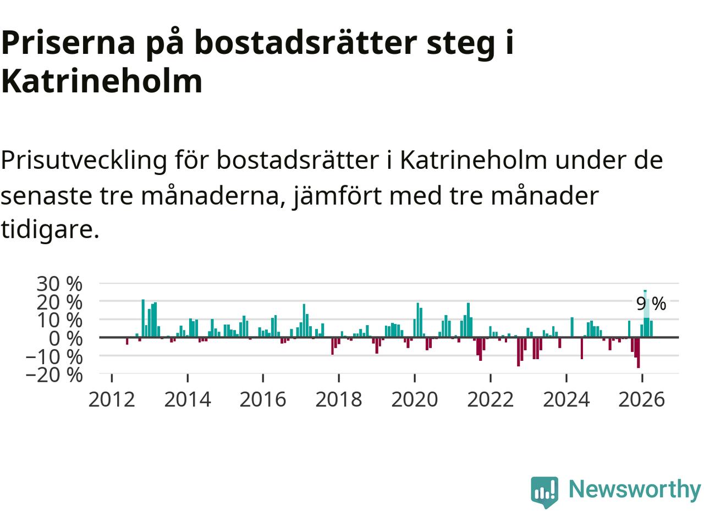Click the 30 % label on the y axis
pyautogui.click(x=59, y=284)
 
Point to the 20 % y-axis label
pyautogui.click(x=59, y=302)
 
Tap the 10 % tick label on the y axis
pyautogui.click(x=59, y=320)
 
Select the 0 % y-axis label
pyautogui.click(x=65, y=339)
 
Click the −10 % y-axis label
pyautogui.click(x=54, y=356)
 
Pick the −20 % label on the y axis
pyautogui.click(x=54, y=375)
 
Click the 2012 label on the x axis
pyautogui.click(x=112, y=400)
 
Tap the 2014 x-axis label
pyautogui.click(x=188, y=400)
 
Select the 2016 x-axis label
pyautogui.click(x=263, y=400)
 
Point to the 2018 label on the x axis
pyautogui.click(x=339, y=400)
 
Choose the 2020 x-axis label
pyautogui.click(x=415, y=400)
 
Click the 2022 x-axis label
pyautogui.click(x=491, y=400)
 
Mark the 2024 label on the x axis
pyautogui.click(x=566, y=400)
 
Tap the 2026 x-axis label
pyautogui.click(x=642, y=400)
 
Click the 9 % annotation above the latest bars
pyautogui.click(x=651, y=304)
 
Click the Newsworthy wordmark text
pyautogui.click(x=635, y=490)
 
